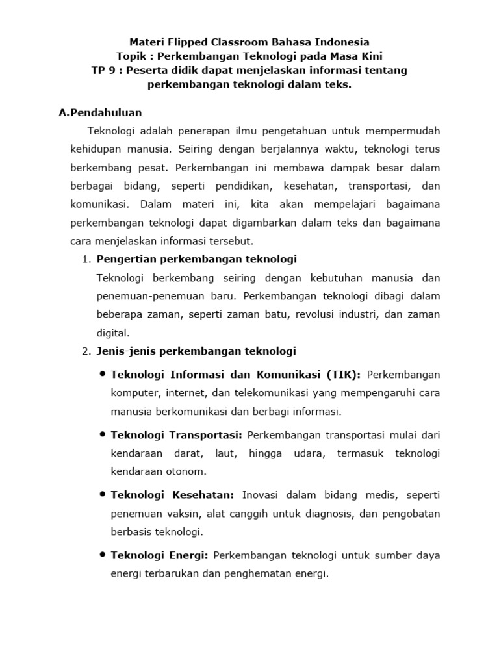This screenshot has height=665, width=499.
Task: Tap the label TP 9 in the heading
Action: pos(105,70)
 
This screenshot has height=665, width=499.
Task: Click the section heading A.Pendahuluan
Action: pos(100,112)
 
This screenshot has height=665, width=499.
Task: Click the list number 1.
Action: pos(86,260)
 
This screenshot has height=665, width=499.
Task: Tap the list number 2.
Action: pos(86,351)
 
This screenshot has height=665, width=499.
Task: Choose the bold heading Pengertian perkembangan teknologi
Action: pos(196,259)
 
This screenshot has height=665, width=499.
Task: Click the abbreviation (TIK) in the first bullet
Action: pos(342,375)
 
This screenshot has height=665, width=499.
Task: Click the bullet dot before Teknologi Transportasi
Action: pos(103,433)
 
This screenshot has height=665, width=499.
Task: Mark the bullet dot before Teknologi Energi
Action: pos(103,555)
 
